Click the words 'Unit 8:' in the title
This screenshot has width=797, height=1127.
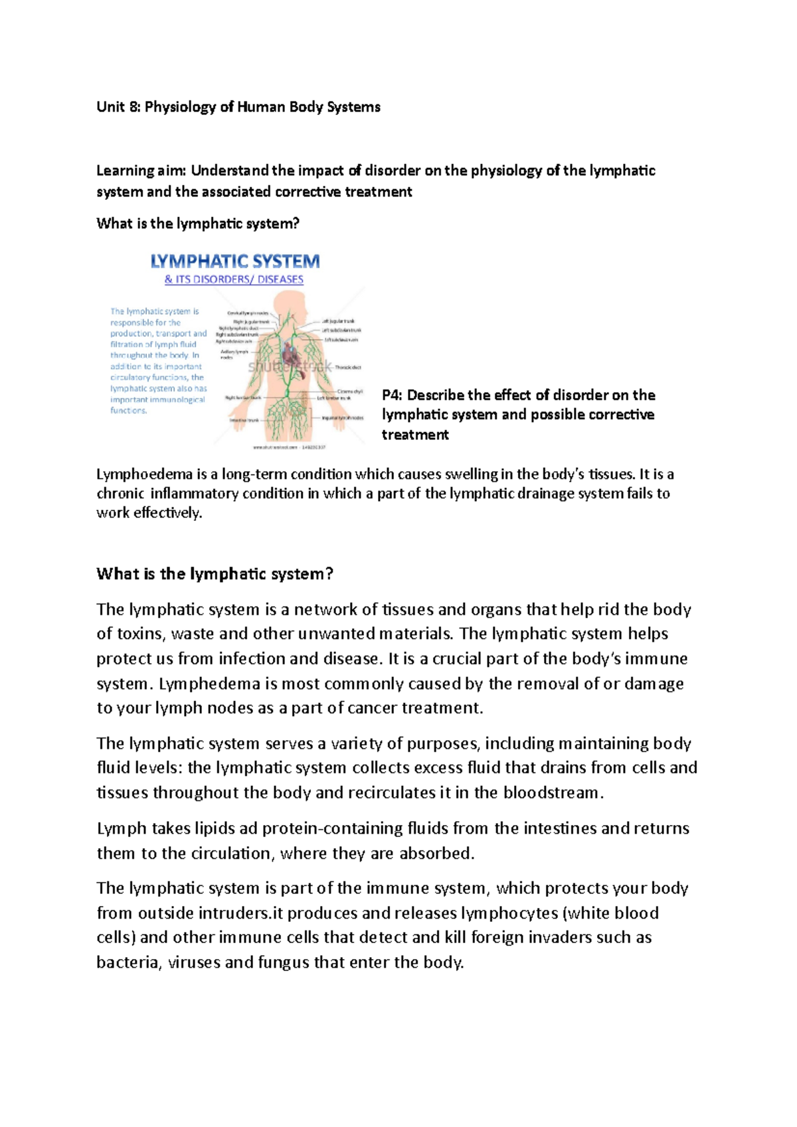118,107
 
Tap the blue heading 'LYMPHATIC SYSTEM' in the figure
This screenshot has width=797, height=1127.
235,262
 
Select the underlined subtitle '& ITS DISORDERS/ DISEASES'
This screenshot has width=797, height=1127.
234,279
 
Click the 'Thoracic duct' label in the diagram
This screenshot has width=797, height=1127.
347,367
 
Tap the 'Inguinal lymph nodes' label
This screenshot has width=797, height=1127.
343,417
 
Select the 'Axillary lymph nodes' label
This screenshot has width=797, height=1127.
234,354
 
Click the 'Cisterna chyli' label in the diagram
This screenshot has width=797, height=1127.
349,392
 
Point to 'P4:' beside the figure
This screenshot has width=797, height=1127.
392,396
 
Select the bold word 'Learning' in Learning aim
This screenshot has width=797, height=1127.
125,171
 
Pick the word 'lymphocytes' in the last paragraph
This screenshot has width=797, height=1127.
509,913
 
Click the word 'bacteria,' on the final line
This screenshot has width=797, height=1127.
129,962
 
